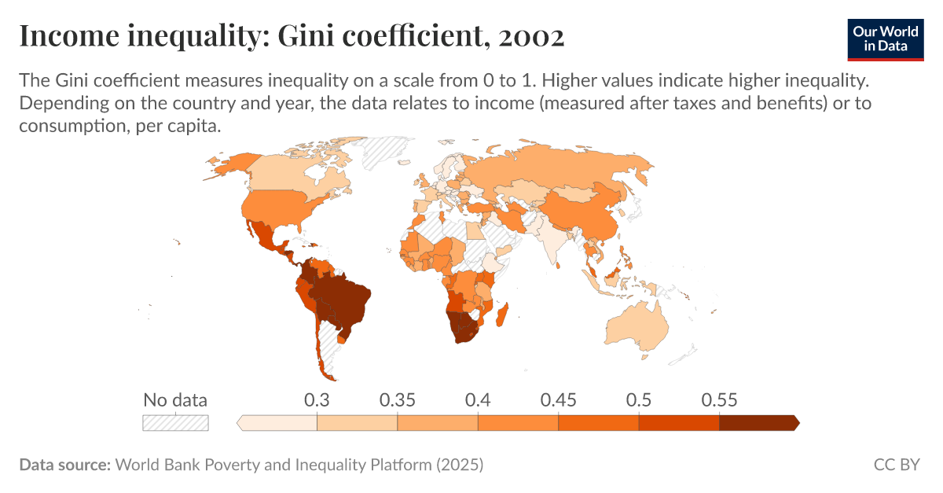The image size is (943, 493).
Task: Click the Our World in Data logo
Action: tap(885, 37)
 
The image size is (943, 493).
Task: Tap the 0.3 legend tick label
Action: tap(317, 400)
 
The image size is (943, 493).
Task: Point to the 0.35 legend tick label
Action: tap(398, 400)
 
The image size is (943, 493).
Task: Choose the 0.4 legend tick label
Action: tap(478, 400)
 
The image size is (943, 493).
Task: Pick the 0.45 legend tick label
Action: tap(559, 400)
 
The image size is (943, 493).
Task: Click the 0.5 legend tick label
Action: tap(639, 400)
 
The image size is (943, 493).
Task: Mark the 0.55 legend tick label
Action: tap(719, 400)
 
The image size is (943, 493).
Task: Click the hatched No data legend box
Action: tap(175, 423)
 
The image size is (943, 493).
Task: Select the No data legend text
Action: tap(175, 400)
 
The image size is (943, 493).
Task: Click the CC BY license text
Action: tap(897, 465)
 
